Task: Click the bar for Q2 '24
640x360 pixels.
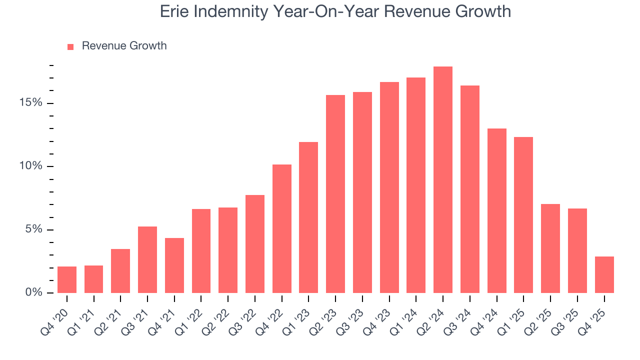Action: [443, 179]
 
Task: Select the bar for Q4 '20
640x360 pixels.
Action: [67, 279]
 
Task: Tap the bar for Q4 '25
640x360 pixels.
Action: [604, 274]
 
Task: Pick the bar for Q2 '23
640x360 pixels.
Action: [335, 194]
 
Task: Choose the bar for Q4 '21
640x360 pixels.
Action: [174, 265]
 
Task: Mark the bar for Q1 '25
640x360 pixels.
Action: [523, 215]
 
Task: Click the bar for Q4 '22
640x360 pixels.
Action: [282, 228]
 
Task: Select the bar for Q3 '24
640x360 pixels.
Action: [470, 189]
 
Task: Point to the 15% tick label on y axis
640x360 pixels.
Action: [31, 103]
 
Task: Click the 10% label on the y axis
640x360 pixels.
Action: [31, 166]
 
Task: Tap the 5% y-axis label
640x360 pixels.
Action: [33, 229]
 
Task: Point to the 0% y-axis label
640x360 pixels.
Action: [33, 292]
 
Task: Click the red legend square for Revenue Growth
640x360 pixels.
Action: [70, 46]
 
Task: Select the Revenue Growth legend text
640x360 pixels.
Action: [124, 46]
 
